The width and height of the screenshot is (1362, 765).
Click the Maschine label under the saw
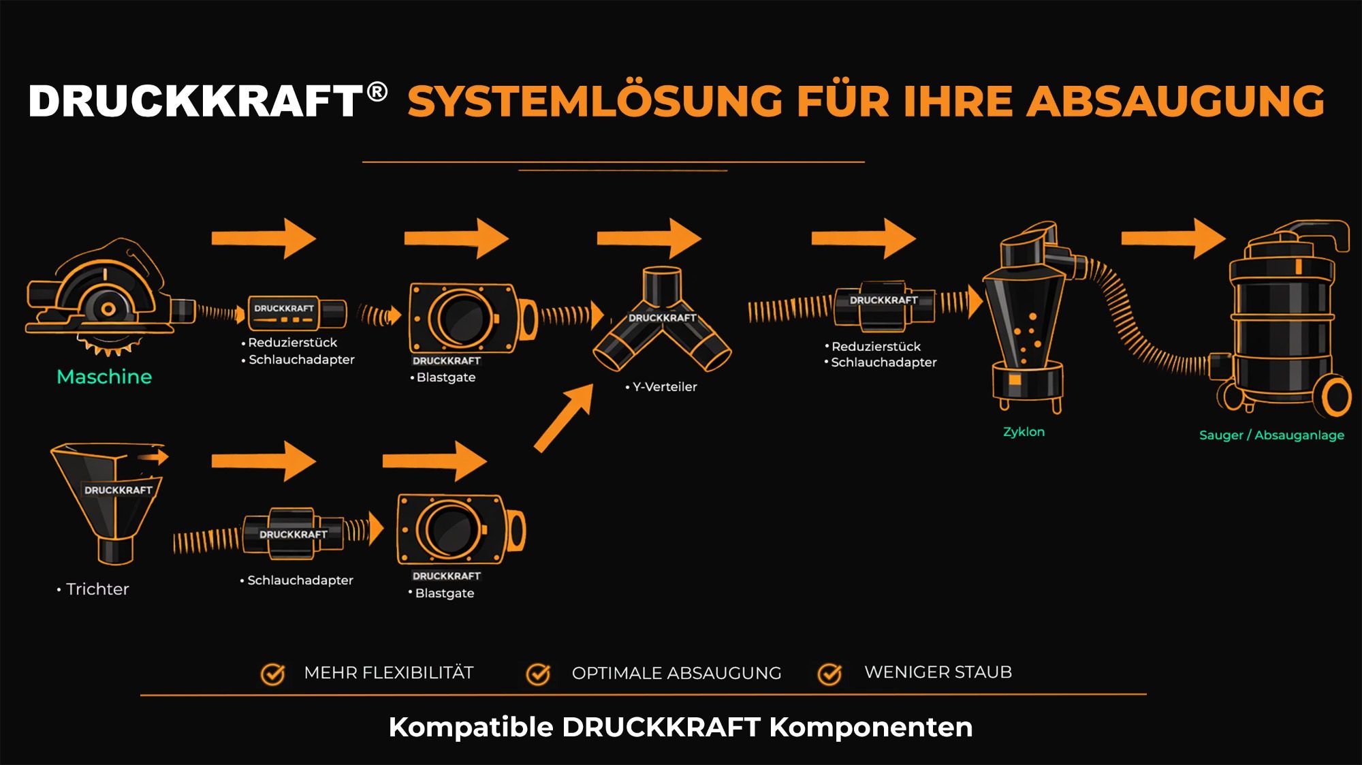104,377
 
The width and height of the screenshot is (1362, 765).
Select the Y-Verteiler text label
664,387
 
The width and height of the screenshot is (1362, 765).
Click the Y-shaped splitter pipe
662,320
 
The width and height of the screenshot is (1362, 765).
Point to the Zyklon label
1024,432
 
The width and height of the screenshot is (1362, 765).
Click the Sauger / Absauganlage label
1271,435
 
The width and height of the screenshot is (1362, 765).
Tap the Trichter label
97,589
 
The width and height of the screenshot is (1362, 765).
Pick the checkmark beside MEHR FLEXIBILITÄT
273,674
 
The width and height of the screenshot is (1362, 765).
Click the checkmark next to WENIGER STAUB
829,674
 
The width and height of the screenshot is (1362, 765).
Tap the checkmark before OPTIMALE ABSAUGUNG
538,674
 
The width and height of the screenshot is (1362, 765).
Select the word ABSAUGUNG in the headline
1175,102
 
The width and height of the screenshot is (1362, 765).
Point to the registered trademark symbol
377,91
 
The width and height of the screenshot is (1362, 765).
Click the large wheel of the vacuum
1336,397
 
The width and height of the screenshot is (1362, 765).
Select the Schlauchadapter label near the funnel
300,580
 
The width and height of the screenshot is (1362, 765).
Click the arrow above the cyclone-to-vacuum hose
1173,238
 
